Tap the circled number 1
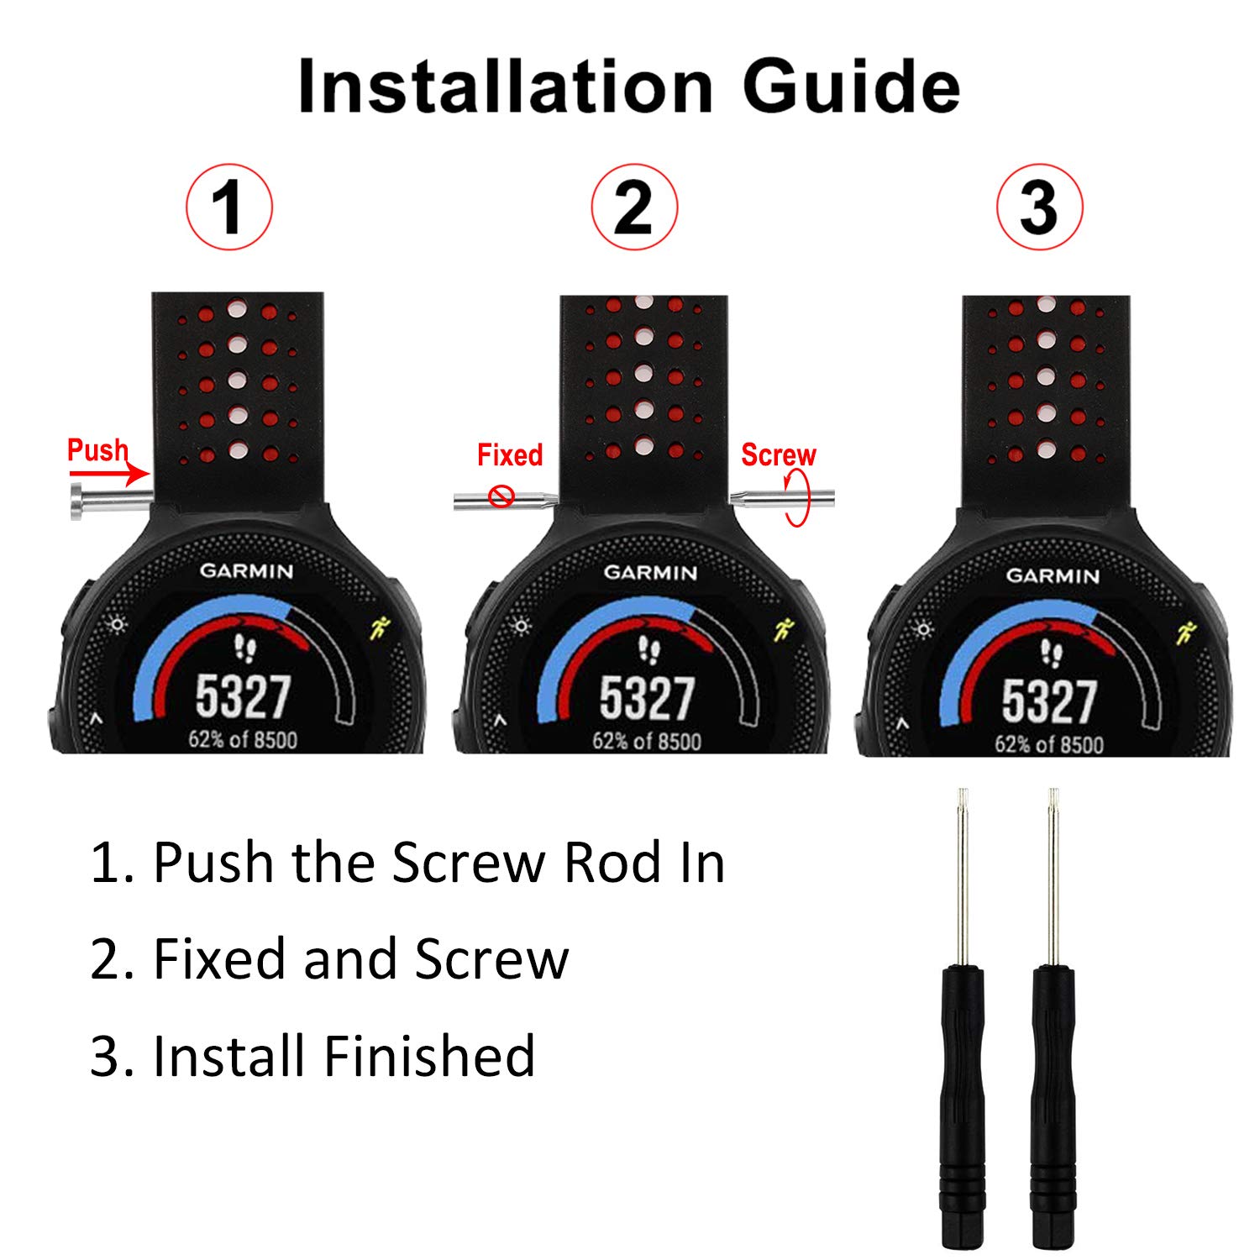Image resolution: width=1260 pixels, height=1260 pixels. point(228,207)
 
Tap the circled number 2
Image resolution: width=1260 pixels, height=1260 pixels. point(633,207)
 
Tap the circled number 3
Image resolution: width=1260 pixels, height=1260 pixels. point(1039,207)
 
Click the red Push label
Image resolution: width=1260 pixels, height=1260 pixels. point(97,450)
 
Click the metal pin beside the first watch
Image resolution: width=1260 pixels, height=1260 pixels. point(108,500)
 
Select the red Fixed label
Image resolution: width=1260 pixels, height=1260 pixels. point(510,455)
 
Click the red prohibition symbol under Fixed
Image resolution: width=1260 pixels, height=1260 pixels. point(501,496)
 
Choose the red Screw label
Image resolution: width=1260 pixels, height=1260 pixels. point(778,455)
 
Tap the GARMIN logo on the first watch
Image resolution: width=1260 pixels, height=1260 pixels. point(246,571)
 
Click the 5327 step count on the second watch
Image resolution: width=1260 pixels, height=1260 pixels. point(646,699)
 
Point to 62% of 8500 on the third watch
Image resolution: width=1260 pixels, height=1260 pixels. point(1048,744)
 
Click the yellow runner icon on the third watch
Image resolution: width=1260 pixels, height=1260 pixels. point(1187,632)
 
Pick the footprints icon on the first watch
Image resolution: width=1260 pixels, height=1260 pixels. point(244,648)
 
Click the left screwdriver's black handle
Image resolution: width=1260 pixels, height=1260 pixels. point(963,1100)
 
